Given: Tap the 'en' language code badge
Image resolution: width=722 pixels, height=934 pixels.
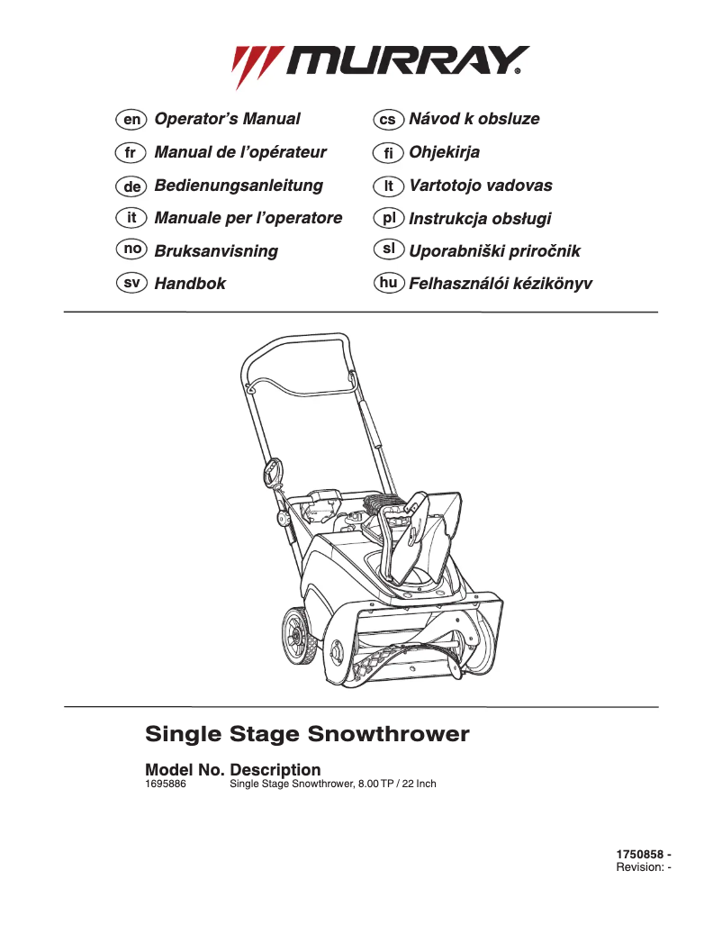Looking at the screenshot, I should pyautogui.click(x=131, y=119).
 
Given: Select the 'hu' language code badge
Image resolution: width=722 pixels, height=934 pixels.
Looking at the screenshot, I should pyautogui.click(x=388, y=283).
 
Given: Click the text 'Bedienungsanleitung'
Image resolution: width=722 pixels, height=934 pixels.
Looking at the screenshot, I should pyautogui.click(x=239, y=186).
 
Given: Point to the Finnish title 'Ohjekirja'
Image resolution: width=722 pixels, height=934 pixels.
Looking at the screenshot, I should pyautogui.click(x=444, y=152).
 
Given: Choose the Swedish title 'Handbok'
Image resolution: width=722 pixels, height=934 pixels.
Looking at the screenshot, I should pyautogui.click(x=190, y=284).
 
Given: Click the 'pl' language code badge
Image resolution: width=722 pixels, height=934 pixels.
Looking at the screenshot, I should pyautogui.click(x=388, y=218).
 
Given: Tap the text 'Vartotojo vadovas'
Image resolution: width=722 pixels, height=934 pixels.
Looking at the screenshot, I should pyautogui.click(x=481, y=186).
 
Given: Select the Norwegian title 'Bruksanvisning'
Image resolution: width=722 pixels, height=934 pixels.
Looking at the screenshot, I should pyautogui.click(x=216, y=251).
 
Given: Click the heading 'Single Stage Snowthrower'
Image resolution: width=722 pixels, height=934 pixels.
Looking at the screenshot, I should pyautogui.click(x=307, y=734).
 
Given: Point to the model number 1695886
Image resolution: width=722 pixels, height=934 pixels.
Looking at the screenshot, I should pyautogui.click(x=166, y=784).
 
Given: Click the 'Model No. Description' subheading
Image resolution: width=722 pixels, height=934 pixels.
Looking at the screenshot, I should pyautogui.click(x=232, y=770).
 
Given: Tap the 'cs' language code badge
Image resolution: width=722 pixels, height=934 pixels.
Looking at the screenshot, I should pyautogui.click(x=388, y=119).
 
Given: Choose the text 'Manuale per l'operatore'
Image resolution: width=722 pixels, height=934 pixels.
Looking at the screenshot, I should pyautogui.click(x=248, y=218).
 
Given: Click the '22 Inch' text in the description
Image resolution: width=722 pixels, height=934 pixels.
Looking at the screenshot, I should pyautogui.click(x=417, y=784).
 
